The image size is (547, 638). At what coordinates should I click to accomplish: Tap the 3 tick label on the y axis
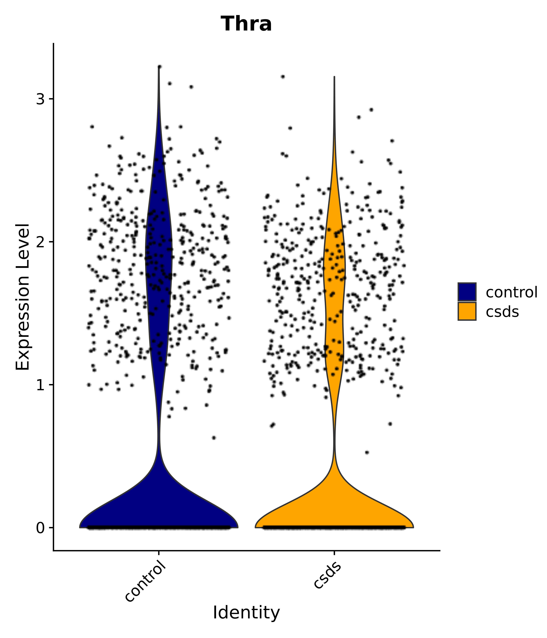pos(40,99)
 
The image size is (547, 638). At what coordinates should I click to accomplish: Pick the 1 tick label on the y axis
pos(40,385)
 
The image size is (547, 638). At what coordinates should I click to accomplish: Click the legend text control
pos(511,292)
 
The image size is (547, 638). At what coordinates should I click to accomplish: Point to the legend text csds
pos(502,312)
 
